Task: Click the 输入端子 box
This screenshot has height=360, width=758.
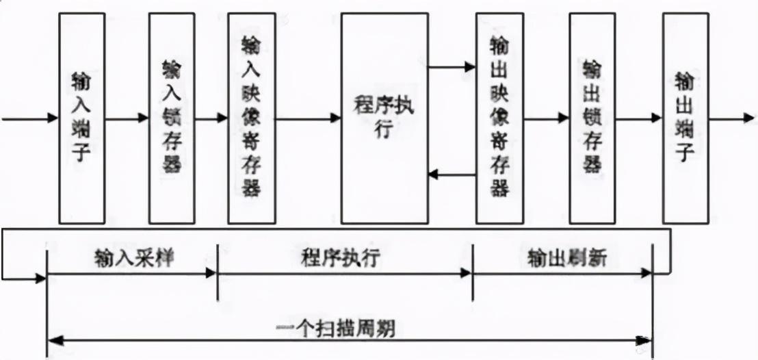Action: coord(82,118)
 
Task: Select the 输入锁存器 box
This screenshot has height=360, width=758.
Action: coord(172,118)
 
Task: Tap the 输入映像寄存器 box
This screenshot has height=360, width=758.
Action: coord(251,118)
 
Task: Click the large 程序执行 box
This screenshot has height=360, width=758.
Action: coord(384,118)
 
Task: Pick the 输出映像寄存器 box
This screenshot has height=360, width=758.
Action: coord(500,118)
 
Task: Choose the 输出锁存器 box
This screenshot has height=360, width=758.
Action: coord(592,118)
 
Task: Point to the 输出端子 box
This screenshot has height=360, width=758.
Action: coord(685,118)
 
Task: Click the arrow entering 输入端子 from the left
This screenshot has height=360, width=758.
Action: coord(31,118)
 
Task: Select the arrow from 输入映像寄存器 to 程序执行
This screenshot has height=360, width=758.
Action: coord(307,118)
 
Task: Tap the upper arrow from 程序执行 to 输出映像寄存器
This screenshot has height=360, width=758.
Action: coord(452,67)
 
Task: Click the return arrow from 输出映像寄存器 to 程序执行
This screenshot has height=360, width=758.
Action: coord(452,175)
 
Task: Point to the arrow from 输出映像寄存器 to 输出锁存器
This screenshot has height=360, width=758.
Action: coord(547,118)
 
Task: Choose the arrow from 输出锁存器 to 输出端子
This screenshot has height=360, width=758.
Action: coord(639,118)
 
